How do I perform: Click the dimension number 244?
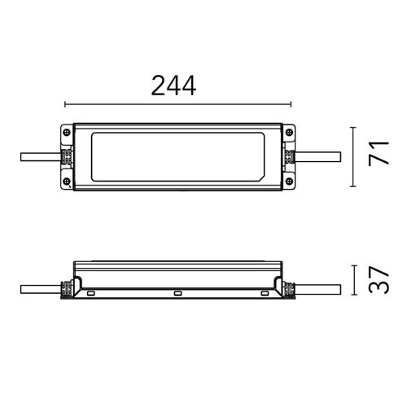[x=174, y=85]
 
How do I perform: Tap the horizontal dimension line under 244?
[x=177, y=104]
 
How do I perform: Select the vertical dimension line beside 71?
[x=352, y=156]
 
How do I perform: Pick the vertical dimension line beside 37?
[x=352, y=281]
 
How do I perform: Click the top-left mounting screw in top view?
[x=65, y=130]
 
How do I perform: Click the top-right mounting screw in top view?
[x=290, y=130]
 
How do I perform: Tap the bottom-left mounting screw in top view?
[x=65, y=183]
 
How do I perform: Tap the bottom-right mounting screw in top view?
[x=290, y=183]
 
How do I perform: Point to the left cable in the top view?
[x=37, y=157]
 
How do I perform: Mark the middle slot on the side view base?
[x=177, y=293]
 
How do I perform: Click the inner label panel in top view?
[x=177, y=157]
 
